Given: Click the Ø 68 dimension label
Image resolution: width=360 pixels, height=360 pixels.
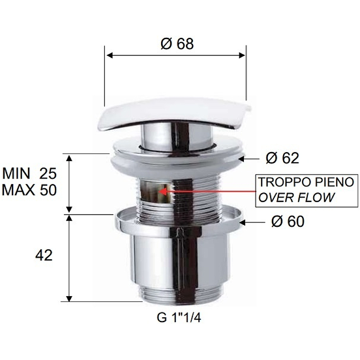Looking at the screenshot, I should coord(176,44).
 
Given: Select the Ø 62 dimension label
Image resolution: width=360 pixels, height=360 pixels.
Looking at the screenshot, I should coord(282,158).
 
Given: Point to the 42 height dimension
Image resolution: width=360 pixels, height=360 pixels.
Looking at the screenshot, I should coord(44,256).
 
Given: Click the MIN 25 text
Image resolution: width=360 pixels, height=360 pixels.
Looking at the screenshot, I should coord(30,173).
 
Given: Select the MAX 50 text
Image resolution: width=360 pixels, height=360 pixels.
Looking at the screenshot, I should coord(30,190).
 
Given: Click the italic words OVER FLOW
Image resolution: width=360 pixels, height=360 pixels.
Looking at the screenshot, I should coord(296,197).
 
